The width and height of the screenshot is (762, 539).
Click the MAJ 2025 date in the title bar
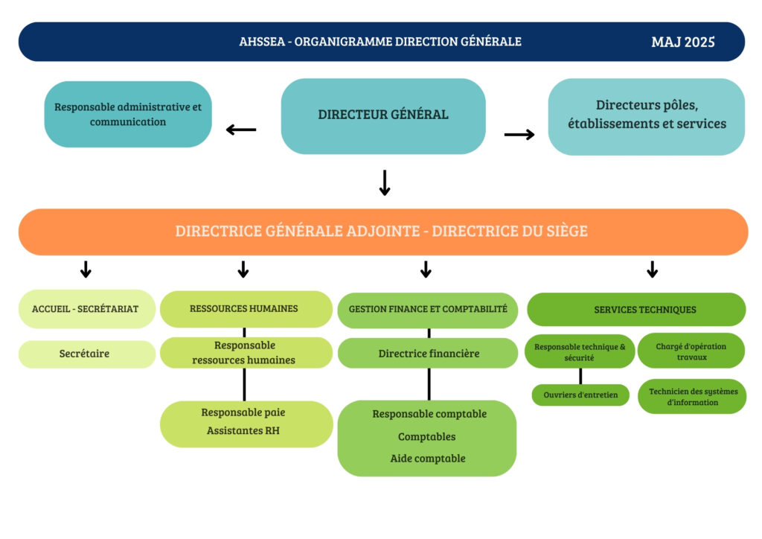click(x=682, y=42)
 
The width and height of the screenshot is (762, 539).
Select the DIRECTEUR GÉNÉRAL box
click(x=382, y=115)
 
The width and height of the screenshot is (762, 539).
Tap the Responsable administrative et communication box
click(x=128, y=114)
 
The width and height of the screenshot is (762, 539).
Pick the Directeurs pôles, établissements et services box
click(x=646, y=115)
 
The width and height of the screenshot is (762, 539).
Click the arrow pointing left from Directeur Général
click(x=241, y=130)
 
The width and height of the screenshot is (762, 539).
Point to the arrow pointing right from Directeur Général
click(x=519, y=135)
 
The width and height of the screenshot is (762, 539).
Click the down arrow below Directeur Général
click(x=385, y=183)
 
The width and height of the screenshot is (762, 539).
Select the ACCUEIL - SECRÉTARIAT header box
click(x=86, y=309)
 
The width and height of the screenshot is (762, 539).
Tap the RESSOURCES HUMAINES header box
click(x=245, y=309)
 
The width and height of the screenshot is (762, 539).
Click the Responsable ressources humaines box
click(x=245, y=353)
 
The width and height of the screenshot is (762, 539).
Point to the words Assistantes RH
click(x=243, y=430)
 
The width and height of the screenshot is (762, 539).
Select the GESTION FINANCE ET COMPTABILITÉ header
click(x=428, y=309)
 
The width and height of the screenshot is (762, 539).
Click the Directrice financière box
click(x=428, y=354)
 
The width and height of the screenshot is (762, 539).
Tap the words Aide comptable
click(x=427, y=459)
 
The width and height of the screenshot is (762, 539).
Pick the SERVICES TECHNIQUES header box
click(x=644, y=309)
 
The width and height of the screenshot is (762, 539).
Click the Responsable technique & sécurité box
click(x=580, y=351)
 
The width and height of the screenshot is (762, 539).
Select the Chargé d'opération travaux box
click(x=691, y=351)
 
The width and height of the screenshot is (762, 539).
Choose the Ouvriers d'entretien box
click(x=580, y=395)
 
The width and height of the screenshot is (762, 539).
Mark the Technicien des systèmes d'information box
click(x=691, y=397)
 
